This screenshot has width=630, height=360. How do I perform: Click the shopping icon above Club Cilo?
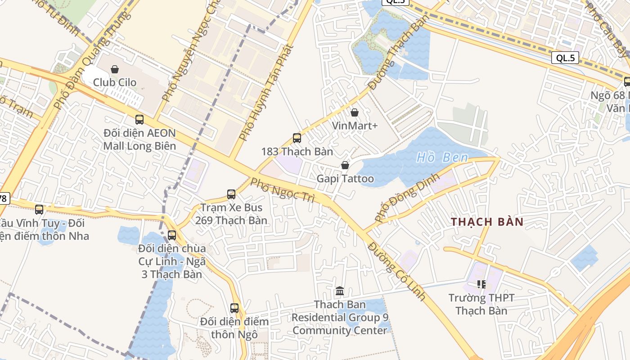(115, 69)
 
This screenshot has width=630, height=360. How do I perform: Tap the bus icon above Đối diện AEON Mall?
(139, 120)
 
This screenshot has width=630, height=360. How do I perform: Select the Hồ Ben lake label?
(442, 157)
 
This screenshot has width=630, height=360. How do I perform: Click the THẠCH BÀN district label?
(487, 222)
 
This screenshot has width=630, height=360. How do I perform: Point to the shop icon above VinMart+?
(355, 112)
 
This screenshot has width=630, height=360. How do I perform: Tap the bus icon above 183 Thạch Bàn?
(297, 138)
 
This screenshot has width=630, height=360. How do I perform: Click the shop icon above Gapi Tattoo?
(345, 166)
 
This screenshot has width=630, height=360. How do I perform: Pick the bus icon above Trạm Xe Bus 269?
(231, 194)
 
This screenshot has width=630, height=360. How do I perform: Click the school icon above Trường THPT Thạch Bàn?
(481, 284)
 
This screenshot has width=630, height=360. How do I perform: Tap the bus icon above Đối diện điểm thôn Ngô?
(234, 308)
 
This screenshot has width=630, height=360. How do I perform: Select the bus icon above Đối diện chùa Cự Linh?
(172, 235)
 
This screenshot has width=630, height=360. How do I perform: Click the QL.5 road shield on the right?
(565, 58)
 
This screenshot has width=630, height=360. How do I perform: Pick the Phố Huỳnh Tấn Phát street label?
(265, 93)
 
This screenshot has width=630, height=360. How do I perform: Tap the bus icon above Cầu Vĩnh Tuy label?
(39, 210)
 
